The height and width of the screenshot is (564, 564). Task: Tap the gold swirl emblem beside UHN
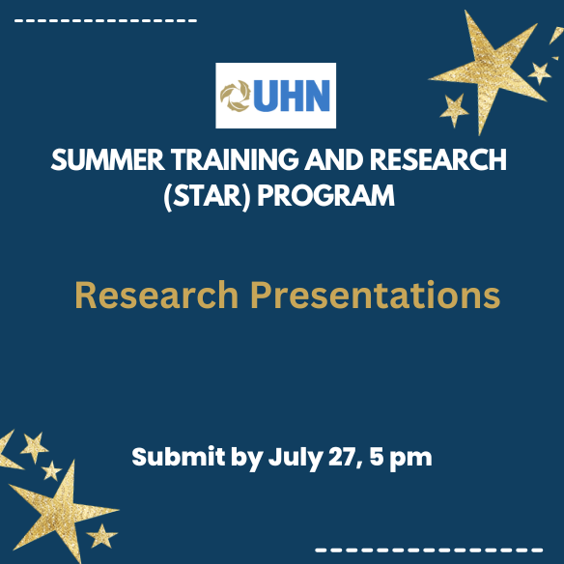tap(235, 96)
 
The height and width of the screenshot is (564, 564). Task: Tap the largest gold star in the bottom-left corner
tap(60, 508)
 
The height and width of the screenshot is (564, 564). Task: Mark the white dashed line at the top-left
tap(106, 19)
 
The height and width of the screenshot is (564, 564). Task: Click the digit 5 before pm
tap(377, 457)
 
